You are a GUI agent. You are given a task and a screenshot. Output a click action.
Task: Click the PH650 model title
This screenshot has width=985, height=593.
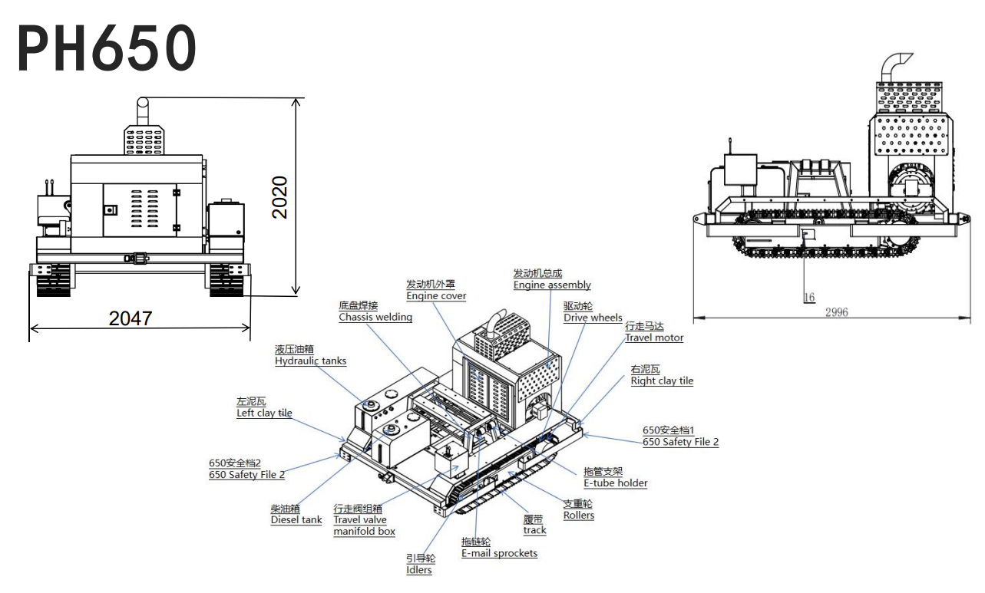[x=107, y=48]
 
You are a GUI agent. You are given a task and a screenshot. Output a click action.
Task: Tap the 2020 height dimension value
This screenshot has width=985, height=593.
[x=279, y=197]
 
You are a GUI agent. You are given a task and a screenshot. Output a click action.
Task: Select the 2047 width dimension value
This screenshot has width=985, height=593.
[x=131, y=318]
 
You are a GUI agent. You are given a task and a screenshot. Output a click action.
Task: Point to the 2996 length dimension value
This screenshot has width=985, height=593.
[x=836, y=312]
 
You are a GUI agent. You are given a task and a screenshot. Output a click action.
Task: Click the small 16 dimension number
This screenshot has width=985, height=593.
[x=809, y=298]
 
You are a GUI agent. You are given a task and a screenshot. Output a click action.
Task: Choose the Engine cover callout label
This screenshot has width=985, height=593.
[x=436, y=296]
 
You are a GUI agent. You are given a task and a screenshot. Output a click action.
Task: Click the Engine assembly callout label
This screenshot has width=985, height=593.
[x=552, y=285]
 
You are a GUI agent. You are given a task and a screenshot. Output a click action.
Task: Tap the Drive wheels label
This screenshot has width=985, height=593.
[x=593, y=318]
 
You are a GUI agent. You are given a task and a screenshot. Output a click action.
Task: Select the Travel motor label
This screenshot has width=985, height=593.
[x=654, y=338]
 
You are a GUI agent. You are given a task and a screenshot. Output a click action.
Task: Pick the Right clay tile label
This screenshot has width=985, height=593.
[x=662, y=381]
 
